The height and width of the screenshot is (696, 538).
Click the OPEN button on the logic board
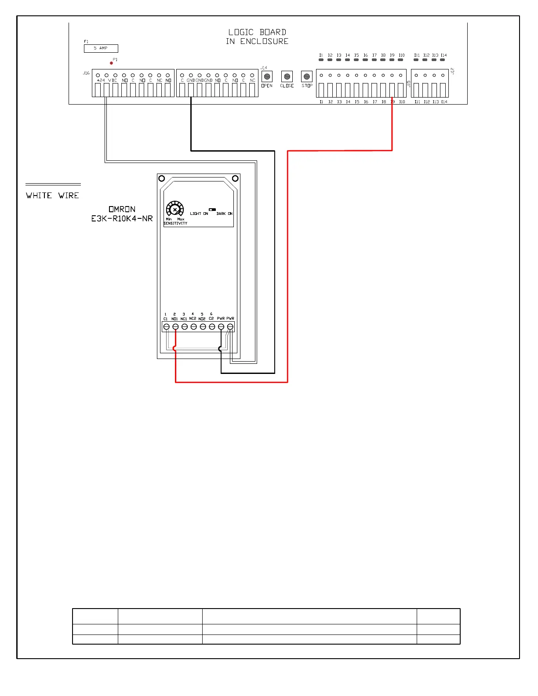(267, 76)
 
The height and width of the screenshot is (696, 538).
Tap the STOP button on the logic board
(307, 76)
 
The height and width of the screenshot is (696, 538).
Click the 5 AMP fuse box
(101, 48)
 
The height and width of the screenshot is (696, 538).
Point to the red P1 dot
(111, 63)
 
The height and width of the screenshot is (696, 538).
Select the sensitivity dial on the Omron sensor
(174, 210)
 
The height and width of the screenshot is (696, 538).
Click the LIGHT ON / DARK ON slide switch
(212, 210)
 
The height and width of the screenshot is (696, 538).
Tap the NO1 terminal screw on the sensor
(175, 327)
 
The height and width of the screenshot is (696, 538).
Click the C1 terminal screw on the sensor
(166, 327)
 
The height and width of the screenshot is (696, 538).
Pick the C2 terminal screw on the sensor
(212, 327)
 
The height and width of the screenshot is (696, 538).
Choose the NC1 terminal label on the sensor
(184, 319)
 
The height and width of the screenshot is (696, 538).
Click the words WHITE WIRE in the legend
(52, 196)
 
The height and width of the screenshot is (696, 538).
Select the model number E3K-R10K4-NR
(122, 218)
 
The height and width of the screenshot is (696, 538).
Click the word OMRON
(122, 209)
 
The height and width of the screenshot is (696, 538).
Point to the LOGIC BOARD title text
(257, 32)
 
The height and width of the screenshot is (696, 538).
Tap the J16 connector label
(86, 73)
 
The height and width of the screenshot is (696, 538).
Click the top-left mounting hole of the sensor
(162, 178)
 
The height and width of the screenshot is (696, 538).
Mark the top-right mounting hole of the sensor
(235, 178)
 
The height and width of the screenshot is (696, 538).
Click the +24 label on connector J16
(101, 80)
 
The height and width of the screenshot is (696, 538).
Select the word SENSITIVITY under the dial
(175, 223)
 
